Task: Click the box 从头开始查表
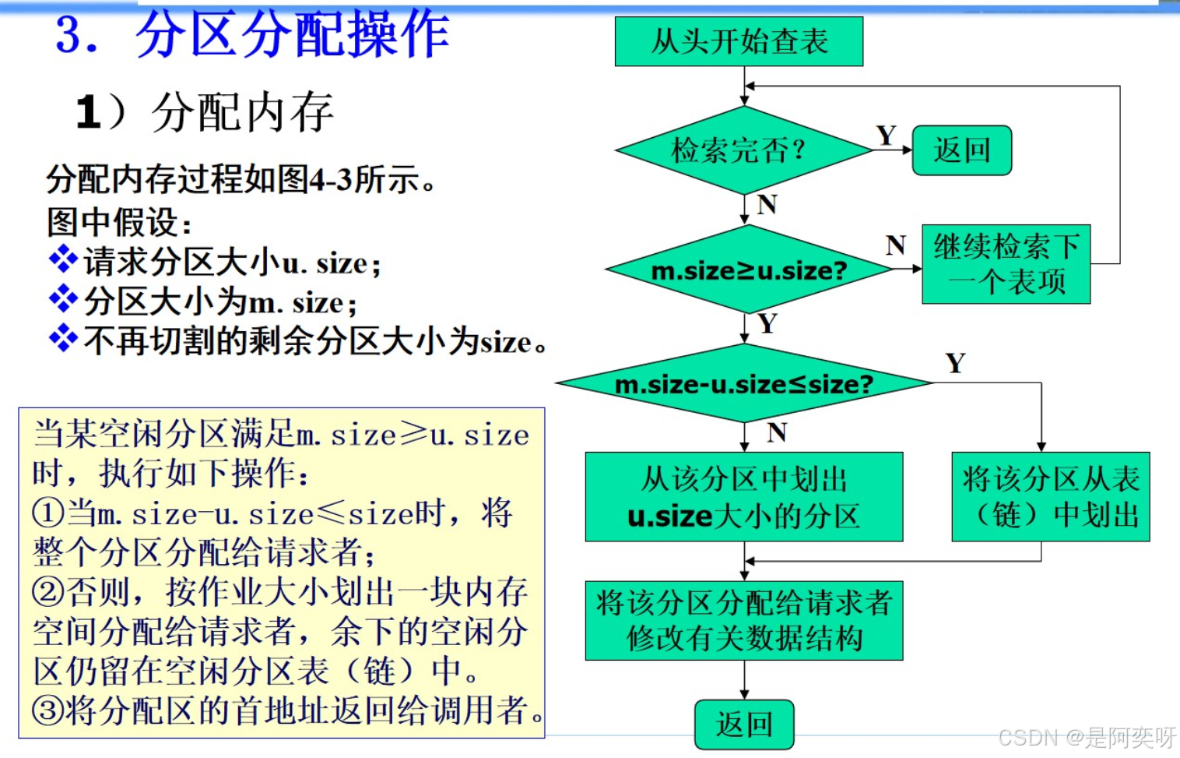(x=739, y=41)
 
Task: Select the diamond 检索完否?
(x=743, y=150)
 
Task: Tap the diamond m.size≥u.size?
(x=749, y=270)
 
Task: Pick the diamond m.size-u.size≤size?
(x=744, y=383)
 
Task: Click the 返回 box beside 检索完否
(x=962, y=150)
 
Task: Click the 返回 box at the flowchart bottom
(x=744, y=725)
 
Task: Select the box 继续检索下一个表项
(x=1006, y=264)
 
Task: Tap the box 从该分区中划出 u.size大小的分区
(x=744, y=497)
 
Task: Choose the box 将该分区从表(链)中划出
(x=1050, y=497)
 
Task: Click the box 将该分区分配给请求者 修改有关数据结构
(x=744, y=621)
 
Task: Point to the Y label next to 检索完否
(x=886, y=136)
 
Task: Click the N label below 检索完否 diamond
(x=767, y=205)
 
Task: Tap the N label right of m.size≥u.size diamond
(x=895, y=245)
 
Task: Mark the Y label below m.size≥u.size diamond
(x=767, y=323)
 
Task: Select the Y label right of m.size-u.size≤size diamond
(x=955, y=363)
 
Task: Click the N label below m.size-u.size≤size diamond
(x=776, y=432)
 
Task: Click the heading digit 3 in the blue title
(x=68, y=35)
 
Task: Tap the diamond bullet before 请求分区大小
(x=62, y=259)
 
